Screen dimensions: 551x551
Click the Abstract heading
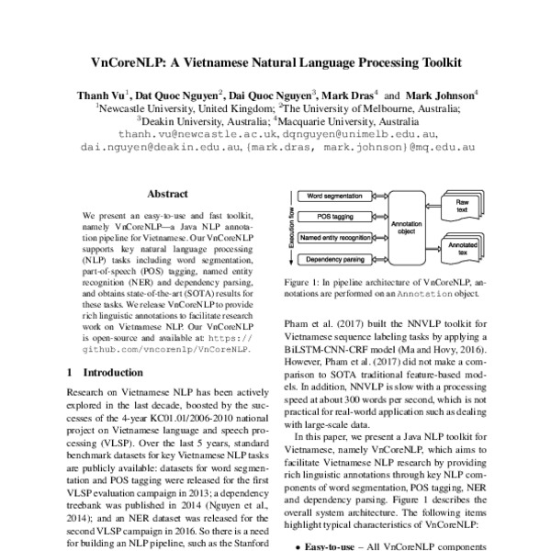pyautogui.click(x=167, y=194)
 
